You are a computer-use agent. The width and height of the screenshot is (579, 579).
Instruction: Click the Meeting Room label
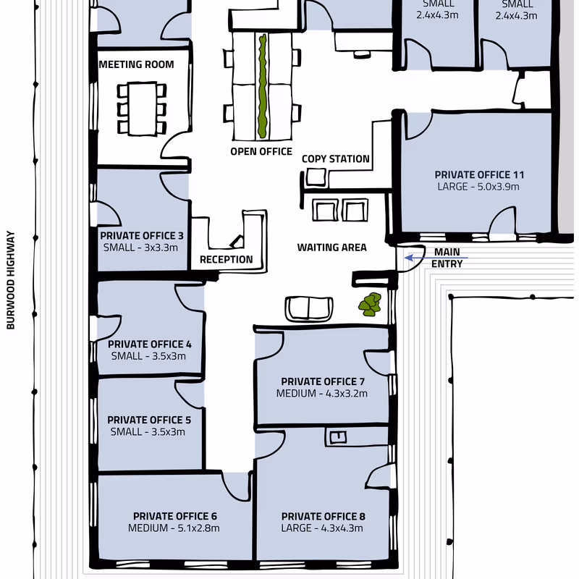(x=136, y=64)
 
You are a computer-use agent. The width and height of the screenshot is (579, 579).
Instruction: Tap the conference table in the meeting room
(x=142, y=109)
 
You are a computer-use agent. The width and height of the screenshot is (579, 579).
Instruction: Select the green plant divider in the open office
(x=263, y=85)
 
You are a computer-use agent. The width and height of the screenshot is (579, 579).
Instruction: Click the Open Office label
(x=261, y=151)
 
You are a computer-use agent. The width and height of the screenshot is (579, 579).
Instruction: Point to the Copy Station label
(x=336, y=159)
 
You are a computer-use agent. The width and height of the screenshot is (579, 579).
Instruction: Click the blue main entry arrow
(x=436, y=258)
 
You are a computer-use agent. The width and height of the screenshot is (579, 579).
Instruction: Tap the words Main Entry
(x=447, y=258)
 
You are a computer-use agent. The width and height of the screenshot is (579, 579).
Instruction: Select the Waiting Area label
(x=332, y=248)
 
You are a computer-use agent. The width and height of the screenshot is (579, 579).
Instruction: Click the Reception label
(x=227, y=260)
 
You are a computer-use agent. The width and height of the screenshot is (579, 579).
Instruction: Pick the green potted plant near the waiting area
(x=370, y=304)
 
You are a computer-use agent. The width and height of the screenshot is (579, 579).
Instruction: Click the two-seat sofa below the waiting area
(x=309, y=309)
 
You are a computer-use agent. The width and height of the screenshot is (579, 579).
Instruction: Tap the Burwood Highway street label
(x=11, y=280)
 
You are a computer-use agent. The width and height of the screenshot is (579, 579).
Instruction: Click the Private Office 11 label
(x=479, y=174)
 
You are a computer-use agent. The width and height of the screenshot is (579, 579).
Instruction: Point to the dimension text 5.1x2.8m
(x=198, y=528)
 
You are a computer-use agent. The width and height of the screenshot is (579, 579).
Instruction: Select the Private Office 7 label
(x=323, y=381)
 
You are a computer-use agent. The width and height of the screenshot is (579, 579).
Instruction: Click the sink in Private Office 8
(x=338, y=437)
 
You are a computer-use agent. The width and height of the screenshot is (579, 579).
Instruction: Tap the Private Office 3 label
(x=142, y=236)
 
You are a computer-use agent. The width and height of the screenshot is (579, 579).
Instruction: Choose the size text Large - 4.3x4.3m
(x=322, y=528)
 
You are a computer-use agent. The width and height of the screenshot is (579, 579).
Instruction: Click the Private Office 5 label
(x=149, y=420)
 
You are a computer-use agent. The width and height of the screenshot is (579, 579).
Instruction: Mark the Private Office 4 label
(x=150, y=345)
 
